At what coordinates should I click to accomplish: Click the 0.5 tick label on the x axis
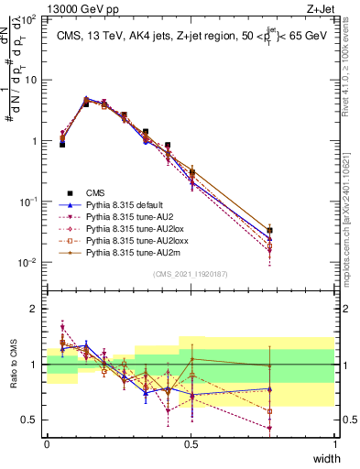click(191, 446)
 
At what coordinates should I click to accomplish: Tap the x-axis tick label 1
click(334, 446)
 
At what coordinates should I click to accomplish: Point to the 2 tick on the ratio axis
click(35, 309)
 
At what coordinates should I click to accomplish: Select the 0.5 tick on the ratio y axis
click(30, 420)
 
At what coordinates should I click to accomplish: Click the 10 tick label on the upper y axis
click(30, 80)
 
